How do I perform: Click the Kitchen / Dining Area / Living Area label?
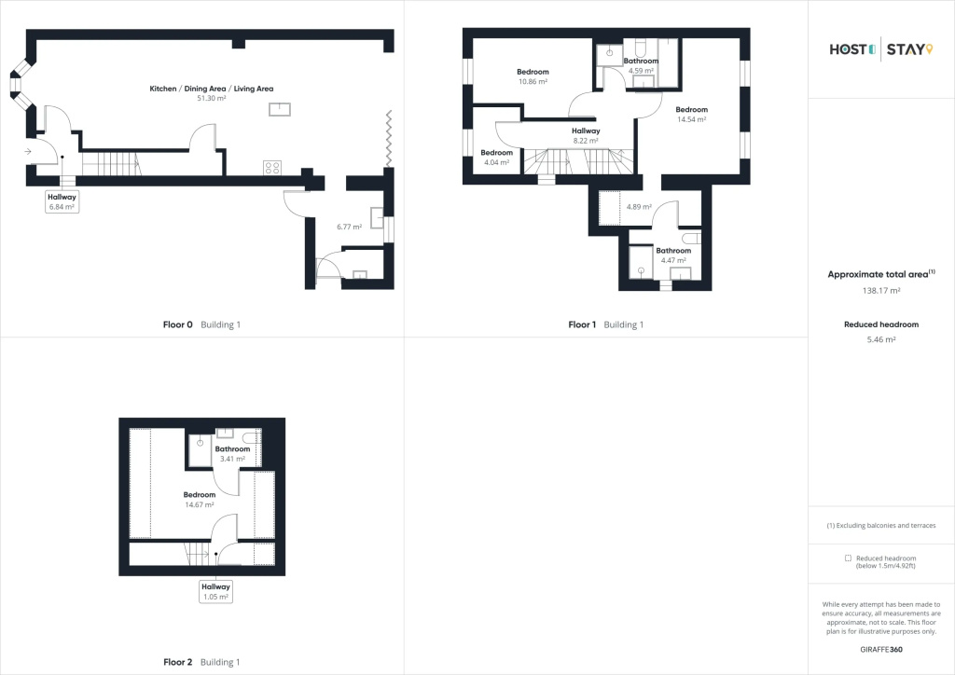(x=212, y=89)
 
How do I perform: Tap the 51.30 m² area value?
(x=212, y=98)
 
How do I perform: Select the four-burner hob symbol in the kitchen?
(x=272, y=168)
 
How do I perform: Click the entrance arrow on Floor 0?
(x=28, y=151)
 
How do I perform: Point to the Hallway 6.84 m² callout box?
(x=62, y=201)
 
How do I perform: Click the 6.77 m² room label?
(x=350, y=227)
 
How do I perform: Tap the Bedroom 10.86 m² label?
(x=533, y=76)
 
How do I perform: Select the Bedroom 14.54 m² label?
(x=691, y=115)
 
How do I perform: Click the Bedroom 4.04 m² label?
(x=496, y=158)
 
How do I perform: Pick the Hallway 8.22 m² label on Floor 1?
(x=586, y=136)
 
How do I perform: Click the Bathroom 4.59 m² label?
(x=641, y=66)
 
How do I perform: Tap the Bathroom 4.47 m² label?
(x=673, y=255)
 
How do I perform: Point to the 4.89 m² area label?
(x=639, y=207)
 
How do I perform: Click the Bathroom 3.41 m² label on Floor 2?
(x=232, y=454)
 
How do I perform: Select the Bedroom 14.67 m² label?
(x=200, y=500)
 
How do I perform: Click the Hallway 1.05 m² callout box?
(x=216, y=592)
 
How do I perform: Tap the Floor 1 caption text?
(x=582, y=325)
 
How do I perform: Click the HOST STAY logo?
(x=880, y=49)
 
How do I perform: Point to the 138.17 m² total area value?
(x=881, y=290)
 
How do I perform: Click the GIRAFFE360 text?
(x=881, y=650)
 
